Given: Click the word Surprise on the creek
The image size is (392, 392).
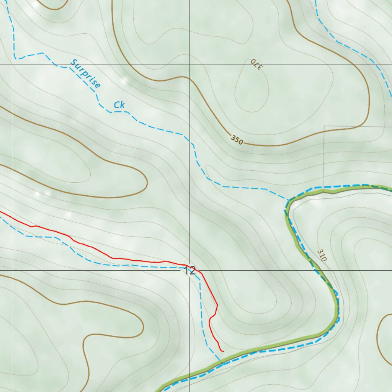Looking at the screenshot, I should point(85,73).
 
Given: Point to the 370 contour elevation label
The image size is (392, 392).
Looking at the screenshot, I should point(256,64).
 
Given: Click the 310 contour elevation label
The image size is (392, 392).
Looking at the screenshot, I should point(322,255).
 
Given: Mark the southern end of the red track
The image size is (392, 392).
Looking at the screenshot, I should point(223,350).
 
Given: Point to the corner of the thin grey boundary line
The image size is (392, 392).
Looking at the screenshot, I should point(324,126).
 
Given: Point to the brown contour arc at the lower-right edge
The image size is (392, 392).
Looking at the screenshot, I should point(379,337).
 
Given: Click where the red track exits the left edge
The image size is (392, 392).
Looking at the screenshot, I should point(2,212).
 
